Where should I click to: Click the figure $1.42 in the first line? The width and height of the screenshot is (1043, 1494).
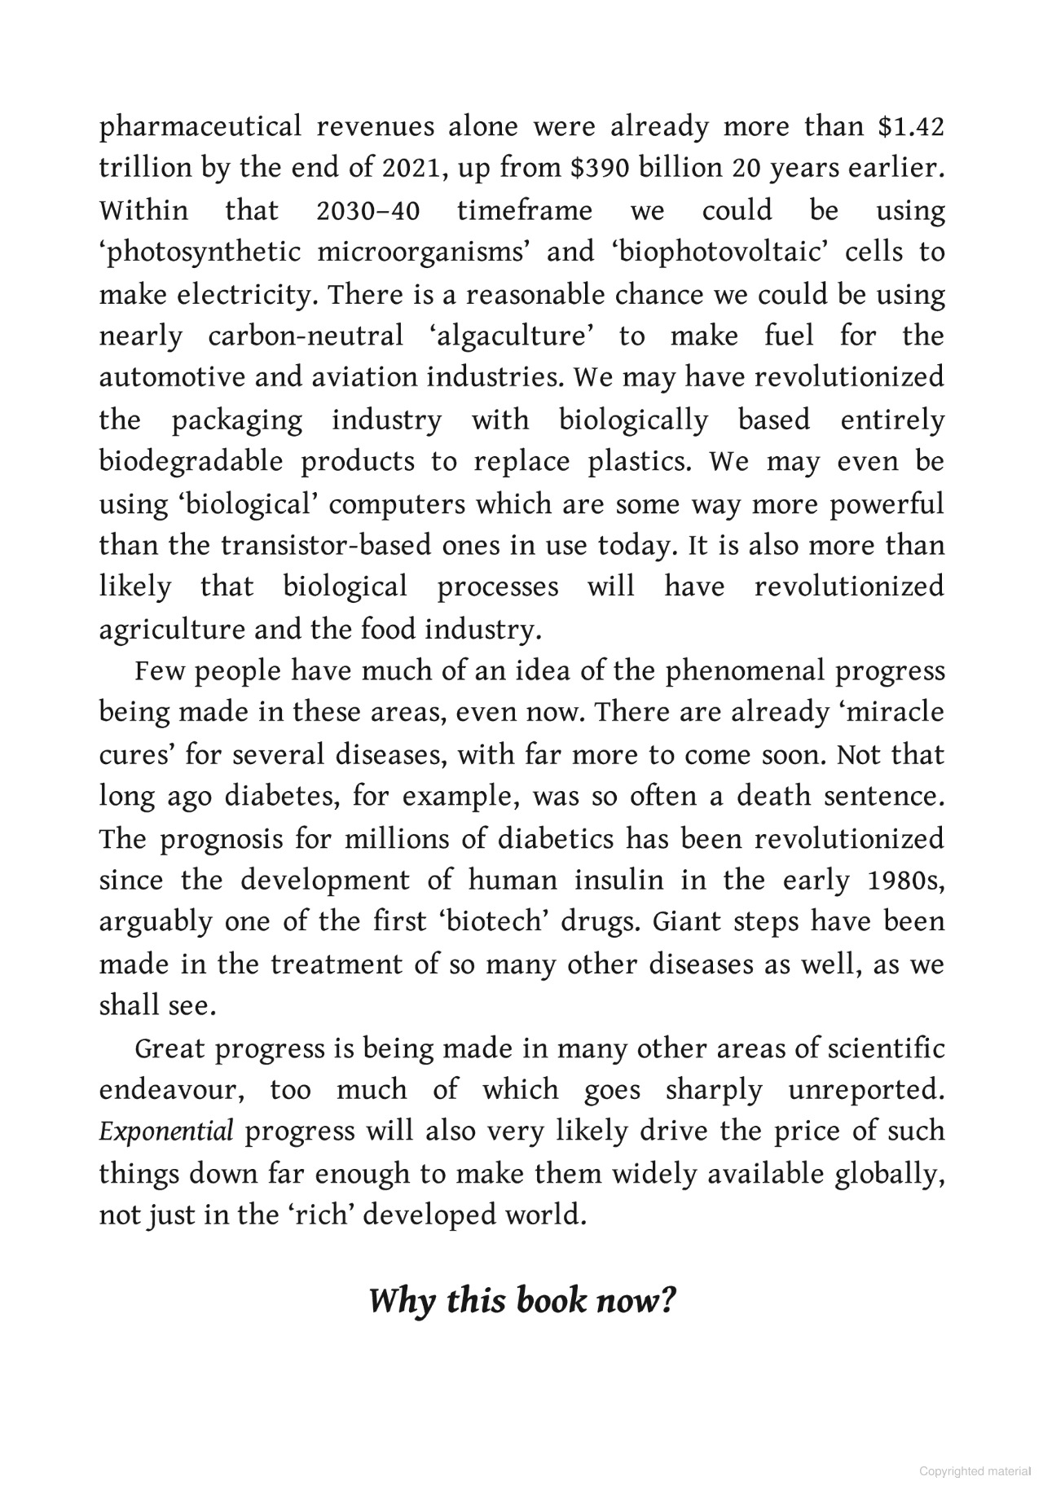tap(911, 127)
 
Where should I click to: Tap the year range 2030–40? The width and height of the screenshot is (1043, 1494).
tap(367, 211)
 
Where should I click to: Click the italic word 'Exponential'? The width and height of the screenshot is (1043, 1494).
tap(166, 1132)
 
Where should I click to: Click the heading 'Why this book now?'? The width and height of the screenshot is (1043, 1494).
tap(522, 1300)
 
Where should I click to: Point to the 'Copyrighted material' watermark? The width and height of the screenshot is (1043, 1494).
tap(975, 1471)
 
